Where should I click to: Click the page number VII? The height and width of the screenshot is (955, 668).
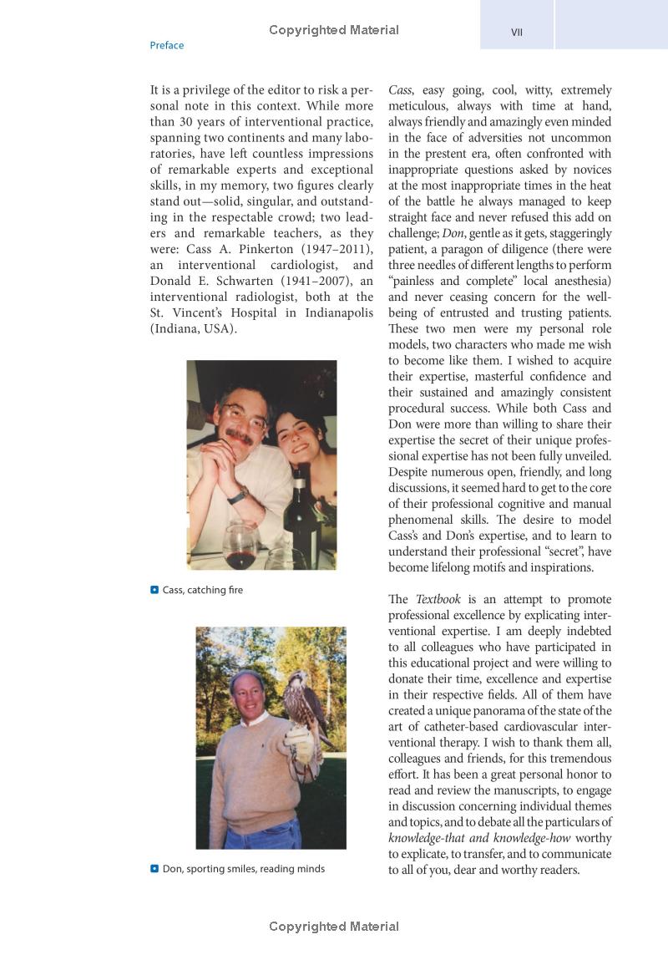click(516, 33)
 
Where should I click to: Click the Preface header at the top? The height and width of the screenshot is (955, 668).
click(166, 45)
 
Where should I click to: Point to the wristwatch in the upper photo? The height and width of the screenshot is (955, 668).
click(238, 496)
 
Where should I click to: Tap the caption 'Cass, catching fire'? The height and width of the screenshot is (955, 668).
click(202, 590)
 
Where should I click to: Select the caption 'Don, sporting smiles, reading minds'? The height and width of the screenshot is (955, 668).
click(243, 869)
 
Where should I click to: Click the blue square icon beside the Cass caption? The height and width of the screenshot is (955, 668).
click(154, 590)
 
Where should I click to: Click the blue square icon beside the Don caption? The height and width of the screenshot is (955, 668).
click(154, 869)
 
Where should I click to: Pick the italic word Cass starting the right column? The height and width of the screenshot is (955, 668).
click(400, 90)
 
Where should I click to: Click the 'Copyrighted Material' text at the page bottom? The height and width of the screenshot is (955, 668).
click(334, 927)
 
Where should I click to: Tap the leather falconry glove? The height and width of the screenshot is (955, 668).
click(300, 743)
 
